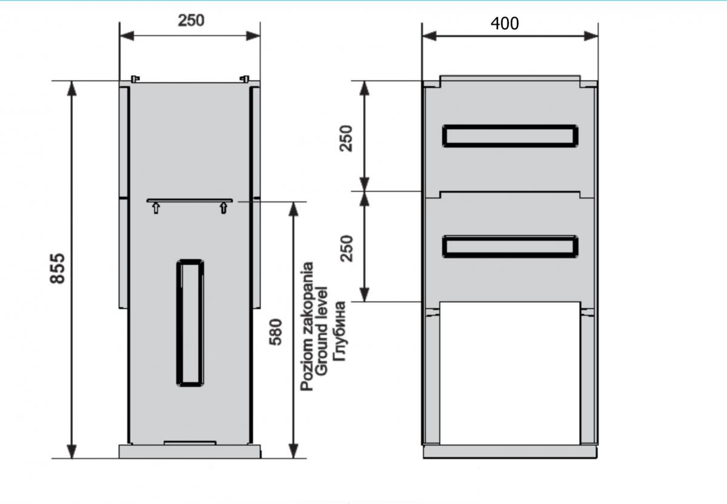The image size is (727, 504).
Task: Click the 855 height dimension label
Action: pos(58,269)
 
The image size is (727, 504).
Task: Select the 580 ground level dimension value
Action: pos(276,332)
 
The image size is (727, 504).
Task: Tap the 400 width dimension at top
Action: pos(505,24)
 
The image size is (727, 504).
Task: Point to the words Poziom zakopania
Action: pos(307,326)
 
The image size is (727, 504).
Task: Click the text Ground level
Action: pos(321,331)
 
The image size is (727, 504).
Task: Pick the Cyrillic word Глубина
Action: pos(340,331)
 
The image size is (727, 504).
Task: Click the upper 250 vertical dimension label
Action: pos(346,138)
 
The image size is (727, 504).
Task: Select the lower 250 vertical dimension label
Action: pos(346,248)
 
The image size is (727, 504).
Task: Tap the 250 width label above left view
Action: pos(191,21)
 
